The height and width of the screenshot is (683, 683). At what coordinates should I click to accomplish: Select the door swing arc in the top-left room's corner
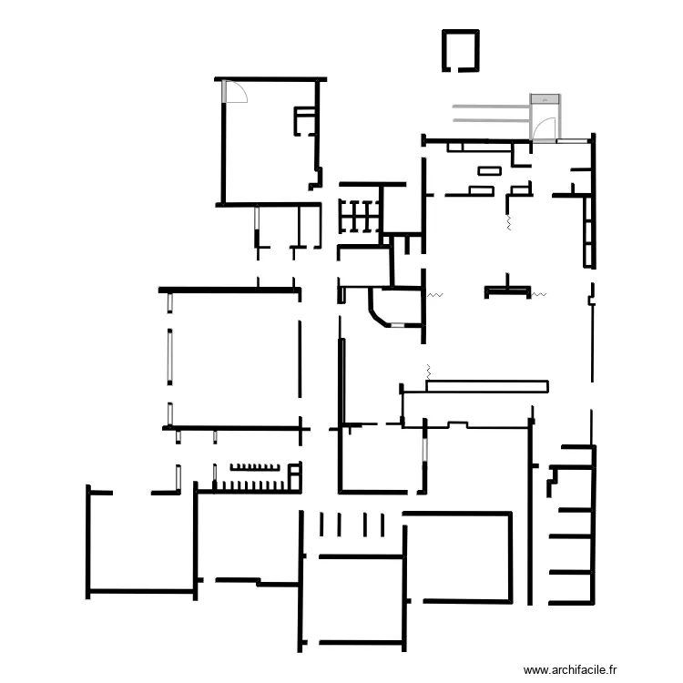click(236, 92)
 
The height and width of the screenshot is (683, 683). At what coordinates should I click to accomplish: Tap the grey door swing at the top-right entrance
click(545, 128)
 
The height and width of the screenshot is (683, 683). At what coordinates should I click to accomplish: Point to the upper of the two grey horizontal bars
click(492, 106)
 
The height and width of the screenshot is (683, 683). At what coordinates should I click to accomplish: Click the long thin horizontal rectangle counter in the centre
click(487, 387)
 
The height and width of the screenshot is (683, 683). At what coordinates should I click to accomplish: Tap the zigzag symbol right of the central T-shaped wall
click(538, 294)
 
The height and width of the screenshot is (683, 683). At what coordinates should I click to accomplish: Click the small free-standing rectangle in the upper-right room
click(489, 169)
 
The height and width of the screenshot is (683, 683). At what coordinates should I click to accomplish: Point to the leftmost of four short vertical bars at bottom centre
click(321, 525)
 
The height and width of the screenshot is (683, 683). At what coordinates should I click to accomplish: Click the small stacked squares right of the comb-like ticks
click(295, 475)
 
